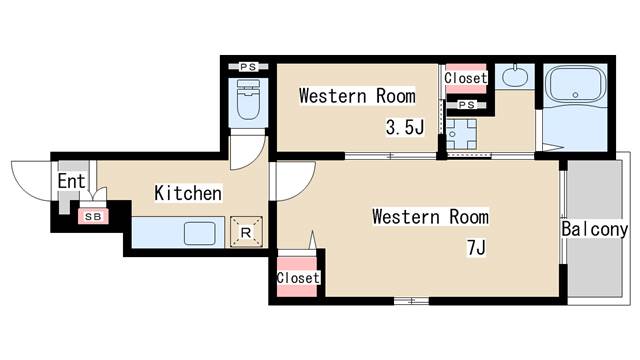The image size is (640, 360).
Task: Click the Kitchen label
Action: (x=188, y=193)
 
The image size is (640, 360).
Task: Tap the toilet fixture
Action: (x=248, y=99)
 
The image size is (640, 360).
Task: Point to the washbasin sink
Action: (x=515, y=76)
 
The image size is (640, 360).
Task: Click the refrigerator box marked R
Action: (x=246, y=232)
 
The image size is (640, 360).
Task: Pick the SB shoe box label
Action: (x=93, y=217)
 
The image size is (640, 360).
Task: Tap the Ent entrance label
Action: (x=71, y=181)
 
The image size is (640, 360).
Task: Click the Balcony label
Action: (x=594, y=229)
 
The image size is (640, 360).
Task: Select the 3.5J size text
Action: (x=405, y=127)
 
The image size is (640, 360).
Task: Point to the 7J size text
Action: (x=476, y=247)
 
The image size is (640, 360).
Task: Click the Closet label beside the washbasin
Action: (x=466, y=78)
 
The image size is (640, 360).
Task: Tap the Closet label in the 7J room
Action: (x=298, y=278)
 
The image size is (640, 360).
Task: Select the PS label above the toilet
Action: (x=248, y=67)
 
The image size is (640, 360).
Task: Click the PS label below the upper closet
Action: (x=467, y=105)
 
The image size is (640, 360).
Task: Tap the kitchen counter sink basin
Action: (x=199, y=233)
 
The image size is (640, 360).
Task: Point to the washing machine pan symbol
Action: (x=461, y=134)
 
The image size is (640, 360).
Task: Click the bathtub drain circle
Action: (x=575, y=95)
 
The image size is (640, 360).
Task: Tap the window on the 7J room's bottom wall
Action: (x=411, y=301)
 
